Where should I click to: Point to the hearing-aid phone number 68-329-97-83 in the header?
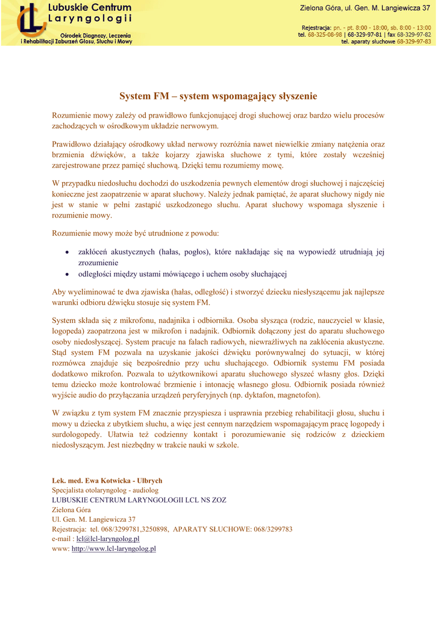click(413, 42)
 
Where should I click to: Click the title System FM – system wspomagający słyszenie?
click(218, 96)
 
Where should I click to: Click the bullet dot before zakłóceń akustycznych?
click(68, 252)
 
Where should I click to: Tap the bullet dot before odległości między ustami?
click(68, 275)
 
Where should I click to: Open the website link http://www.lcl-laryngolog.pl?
click(114, 549)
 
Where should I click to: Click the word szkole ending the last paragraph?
click(227, 445)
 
